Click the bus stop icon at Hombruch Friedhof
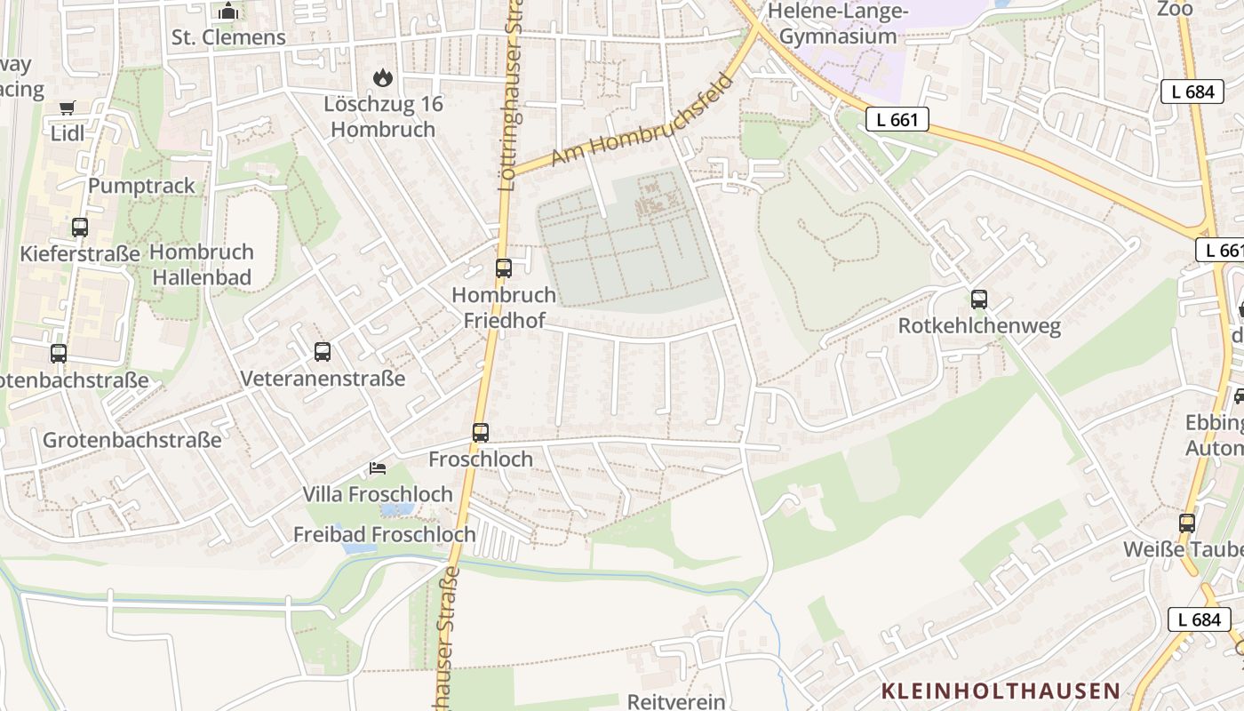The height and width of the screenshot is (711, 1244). coord(504,268)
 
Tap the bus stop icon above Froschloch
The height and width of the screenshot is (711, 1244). coord(481,433)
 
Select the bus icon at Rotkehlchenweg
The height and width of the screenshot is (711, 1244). coord(979,300)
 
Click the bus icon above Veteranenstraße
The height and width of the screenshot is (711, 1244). coord(323,352)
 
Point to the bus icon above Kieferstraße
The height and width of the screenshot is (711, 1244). coord(80,228)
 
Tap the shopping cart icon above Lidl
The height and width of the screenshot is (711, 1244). coord(68,108)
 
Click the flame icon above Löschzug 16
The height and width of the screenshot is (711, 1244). coord(383,78)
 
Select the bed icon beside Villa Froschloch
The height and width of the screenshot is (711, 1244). coord(378,468)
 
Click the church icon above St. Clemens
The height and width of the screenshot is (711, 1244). coord(229,12)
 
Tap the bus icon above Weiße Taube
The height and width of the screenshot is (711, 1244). coord(1187,523)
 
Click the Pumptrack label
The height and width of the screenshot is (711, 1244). coord(141,186)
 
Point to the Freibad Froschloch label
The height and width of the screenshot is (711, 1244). coord(385,535)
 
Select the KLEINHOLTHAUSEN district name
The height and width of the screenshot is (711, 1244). coord(1001,691)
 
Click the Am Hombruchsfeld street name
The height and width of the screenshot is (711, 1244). coord(642,120)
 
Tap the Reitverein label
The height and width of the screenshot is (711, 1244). coord(676,701)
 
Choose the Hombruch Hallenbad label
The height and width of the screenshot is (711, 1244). coord(202,264)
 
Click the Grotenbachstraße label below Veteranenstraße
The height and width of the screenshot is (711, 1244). coord(132,440)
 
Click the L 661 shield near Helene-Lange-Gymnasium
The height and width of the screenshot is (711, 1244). coord(897,120)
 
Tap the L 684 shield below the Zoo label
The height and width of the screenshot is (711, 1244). coord(1192,91)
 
